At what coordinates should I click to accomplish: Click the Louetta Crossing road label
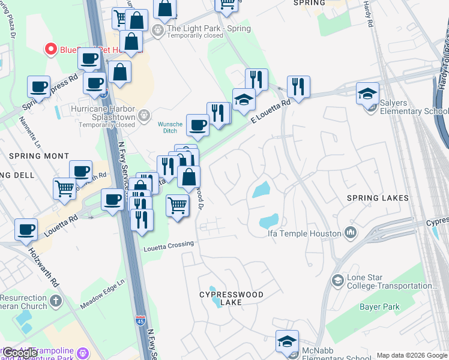pyautogui.click(x=169, y=245)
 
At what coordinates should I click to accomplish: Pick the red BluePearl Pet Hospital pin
pyautogui.click(x=51, y=49)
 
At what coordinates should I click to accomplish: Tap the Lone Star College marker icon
pyautogui.click(x=338, y=280)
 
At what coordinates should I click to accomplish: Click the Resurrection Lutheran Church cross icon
pyautogui.click(x=56, y=301)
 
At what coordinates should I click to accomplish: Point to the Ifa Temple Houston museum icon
pyautogui.click(x=351, y=233)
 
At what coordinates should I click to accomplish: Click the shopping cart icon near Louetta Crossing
pyautogui.click(x=177, y=206)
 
